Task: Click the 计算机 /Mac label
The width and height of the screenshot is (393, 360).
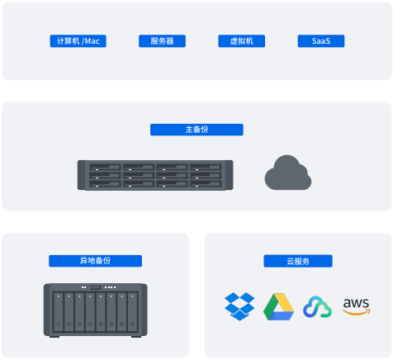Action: click(x=78, y=41)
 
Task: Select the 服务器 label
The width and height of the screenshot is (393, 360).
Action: click(x=162, y=41)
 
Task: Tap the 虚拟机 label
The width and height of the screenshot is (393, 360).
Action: click(x=242, y=41)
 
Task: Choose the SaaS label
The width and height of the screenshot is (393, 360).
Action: click(x=321, y=41)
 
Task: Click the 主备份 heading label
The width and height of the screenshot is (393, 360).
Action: click(x=196, y=130)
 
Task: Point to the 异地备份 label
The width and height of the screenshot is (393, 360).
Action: click(x=96, y=261)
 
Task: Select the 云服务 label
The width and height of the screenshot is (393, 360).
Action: click(x=298, y=261)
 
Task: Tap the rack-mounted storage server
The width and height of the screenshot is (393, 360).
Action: click(x=155, y=175)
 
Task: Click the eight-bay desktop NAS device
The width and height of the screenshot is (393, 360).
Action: click(x=96, y=310)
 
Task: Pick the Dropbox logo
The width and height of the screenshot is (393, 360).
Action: click(x=239, y=306)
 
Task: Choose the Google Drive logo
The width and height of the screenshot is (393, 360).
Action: click(x=278, y=307)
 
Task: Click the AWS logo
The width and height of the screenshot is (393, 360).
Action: click(x=357, y=306)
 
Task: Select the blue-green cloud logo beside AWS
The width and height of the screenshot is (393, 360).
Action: click(x=317, y=307)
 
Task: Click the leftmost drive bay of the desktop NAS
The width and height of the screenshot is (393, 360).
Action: click(x=59, y=312)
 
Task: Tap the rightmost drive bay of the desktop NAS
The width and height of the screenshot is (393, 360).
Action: click(x=132, y=312)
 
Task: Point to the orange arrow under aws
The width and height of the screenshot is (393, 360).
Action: click(x=357, y=312)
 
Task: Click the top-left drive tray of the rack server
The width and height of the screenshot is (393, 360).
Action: click(x=105, y=168)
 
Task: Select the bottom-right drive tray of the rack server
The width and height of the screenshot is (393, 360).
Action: click(x=206, y=184)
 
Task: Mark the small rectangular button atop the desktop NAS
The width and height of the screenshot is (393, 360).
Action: click(x=96, y=287)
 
